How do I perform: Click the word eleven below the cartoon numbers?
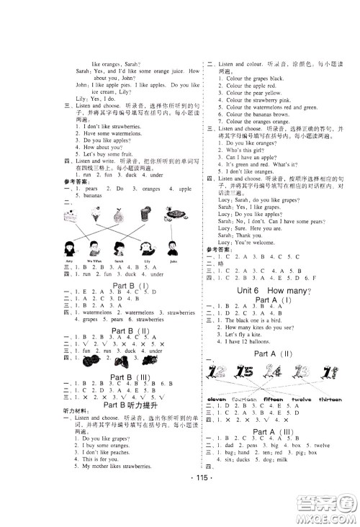click(217, 397)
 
